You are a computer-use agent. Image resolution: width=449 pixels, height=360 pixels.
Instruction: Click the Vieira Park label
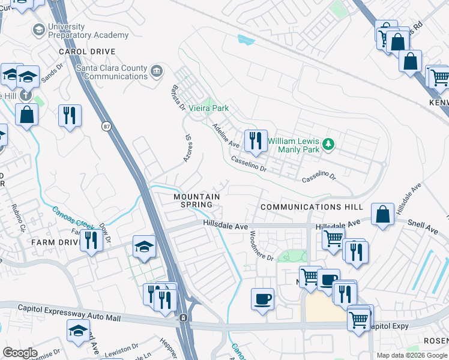pos(208,109)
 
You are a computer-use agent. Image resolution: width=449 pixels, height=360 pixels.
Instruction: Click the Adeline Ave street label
pos(226,136)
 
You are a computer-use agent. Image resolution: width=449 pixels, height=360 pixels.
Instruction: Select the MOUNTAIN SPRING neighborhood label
pos(196,200)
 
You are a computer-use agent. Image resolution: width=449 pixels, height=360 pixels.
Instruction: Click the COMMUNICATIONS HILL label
pos(312,206)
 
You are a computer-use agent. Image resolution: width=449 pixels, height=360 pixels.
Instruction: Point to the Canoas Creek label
pos(71,218)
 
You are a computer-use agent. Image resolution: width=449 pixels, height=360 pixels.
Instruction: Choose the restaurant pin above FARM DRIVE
pos(91,241)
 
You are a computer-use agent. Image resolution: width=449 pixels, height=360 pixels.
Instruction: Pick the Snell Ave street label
pos(424,229)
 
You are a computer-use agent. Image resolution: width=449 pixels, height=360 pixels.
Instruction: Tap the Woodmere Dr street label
pos(261,245)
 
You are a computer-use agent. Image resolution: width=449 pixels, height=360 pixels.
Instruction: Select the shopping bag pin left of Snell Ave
pos(382,215)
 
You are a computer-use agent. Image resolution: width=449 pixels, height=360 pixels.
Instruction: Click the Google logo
pos(20,353)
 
